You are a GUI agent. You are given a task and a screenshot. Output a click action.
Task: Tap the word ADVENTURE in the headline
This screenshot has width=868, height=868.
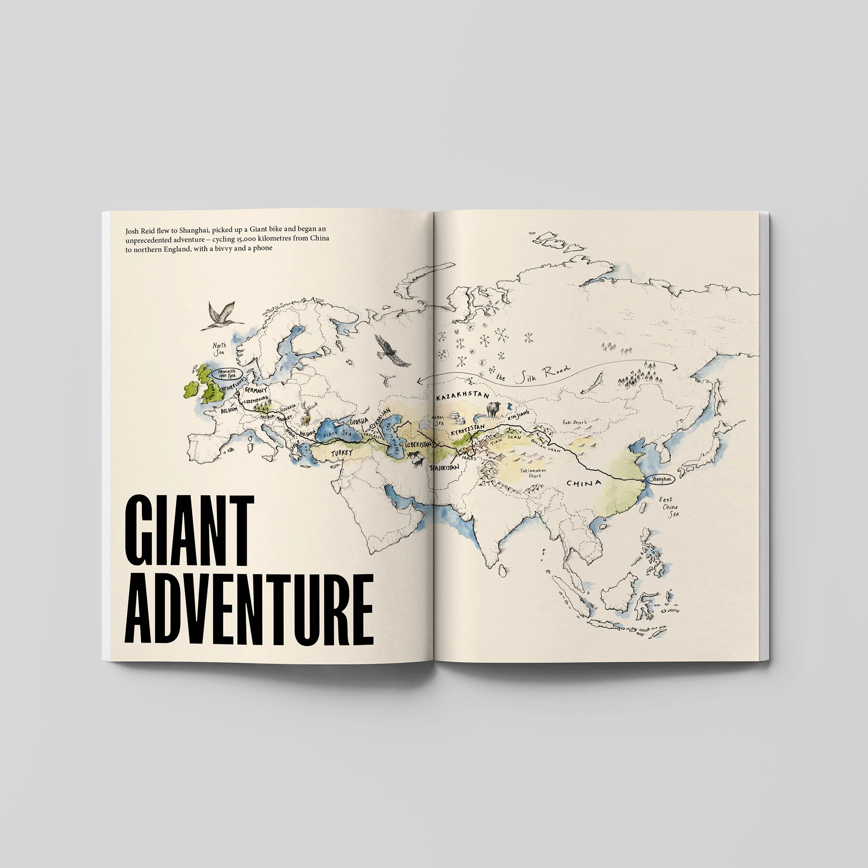tap(249, 609)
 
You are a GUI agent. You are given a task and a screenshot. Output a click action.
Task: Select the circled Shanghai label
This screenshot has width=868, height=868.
tap(661, 479)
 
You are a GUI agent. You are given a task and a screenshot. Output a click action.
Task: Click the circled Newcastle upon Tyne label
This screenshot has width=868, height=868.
tap(227, 374)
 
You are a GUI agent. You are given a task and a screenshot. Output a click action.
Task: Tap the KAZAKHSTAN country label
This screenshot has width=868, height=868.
tap(463, 396)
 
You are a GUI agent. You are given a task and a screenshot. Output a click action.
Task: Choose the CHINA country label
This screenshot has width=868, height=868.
tap(584, 484)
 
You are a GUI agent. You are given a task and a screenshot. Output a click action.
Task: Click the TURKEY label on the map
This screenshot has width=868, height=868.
tap(342, 453)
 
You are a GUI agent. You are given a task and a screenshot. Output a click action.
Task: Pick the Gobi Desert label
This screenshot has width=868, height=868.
tap(575, 422)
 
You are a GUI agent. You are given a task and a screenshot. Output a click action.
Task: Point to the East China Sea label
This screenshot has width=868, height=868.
tap(669, 507)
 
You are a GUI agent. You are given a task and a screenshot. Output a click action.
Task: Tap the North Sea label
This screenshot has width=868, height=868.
tap(219, 348)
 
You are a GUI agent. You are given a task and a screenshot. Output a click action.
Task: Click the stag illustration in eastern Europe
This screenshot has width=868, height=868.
tap(307, 413)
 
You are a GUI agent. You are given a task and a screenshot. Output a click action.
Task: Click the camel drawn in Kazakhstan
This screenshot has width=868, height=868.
tap(493, 409)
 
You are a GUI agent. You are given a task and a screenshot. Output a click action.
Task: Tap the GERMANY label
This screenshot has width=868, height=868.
tap(256, 390)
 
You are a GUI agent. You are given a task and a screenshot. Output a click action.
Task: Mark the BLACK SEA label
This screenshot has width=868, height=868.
tap(337, 434)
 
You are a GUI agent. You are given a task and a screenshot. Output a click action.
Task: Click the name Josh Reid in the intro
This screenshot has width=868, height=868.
tap(140, 231)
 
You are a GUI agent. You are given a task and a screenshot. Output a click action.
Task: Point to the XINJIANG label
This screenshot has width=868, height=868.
tap(518, 414)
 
